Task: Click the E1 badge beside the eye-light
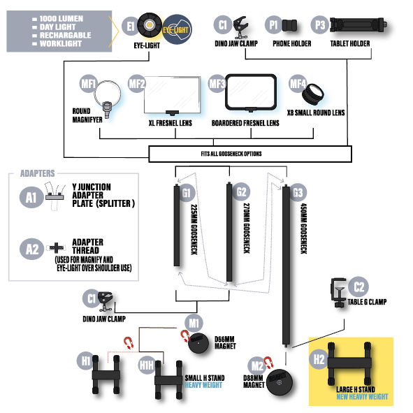click(x=131, y=27)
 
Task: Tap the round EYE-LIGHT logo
click(x=177, y=29)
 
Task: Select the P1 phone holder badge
click(x=274, y=25)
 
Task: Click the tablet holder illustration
click(x=358, y=25)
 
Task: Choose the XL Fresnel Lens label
click(x=171, y=123)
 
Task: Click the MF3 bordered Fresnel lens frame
click(x=251, y=92)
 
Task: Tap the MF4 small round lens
click(x=313, y=94)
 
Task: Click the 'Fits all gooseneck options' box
click(x=250, y=154)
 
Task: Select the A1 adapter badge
click(x=31, y=197)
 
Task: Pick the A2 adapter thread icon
click(x=56, y=248)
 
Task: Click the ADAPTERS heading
click(x=38, y=173)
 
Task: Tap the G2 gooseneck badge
click(x=241, y=191)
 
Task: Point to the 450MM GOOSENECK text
click(x=304, y=229)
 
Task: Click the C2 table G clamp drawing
click(x=338, y=293)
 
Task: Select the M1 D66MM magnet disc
click(x=198, y=343)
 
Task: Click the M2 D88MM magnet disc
click(x=280, y=382)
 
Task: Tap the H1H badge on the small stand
click(x=147, y=365)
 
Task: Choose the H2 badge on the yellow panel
click(x=319, y=359)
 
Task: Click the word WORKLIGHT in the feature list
click(x=61, y=43)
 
